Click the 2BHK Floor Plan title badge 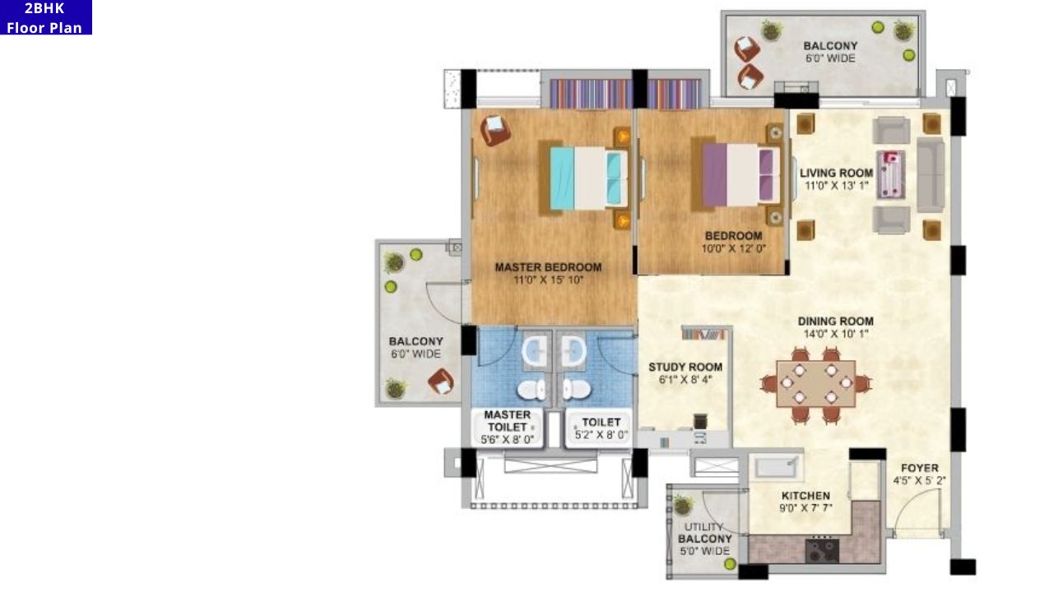(45, 17)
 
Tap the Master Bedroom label (548, 267)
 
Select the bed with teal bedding (584, 177)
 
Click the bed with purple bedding (740, 175)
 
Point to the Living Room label (836, 173)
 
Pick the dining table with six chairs (815, 383)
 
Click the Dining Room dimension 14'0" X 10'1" (835, 334)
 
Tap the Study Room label (685, 367)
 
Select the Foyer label (919, 468)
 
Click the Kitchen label (805, 496)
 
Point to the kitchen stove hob (822, 548)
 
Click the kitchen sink (775, 466)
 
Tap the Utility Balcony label (704, 539)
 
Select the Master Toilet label (507, 421)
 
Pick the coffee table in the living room (890, 173)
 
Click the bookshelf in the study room (704, 333)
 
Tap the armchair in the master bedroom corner (495, 129)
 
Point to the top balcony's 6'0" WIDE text (830, 58)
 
